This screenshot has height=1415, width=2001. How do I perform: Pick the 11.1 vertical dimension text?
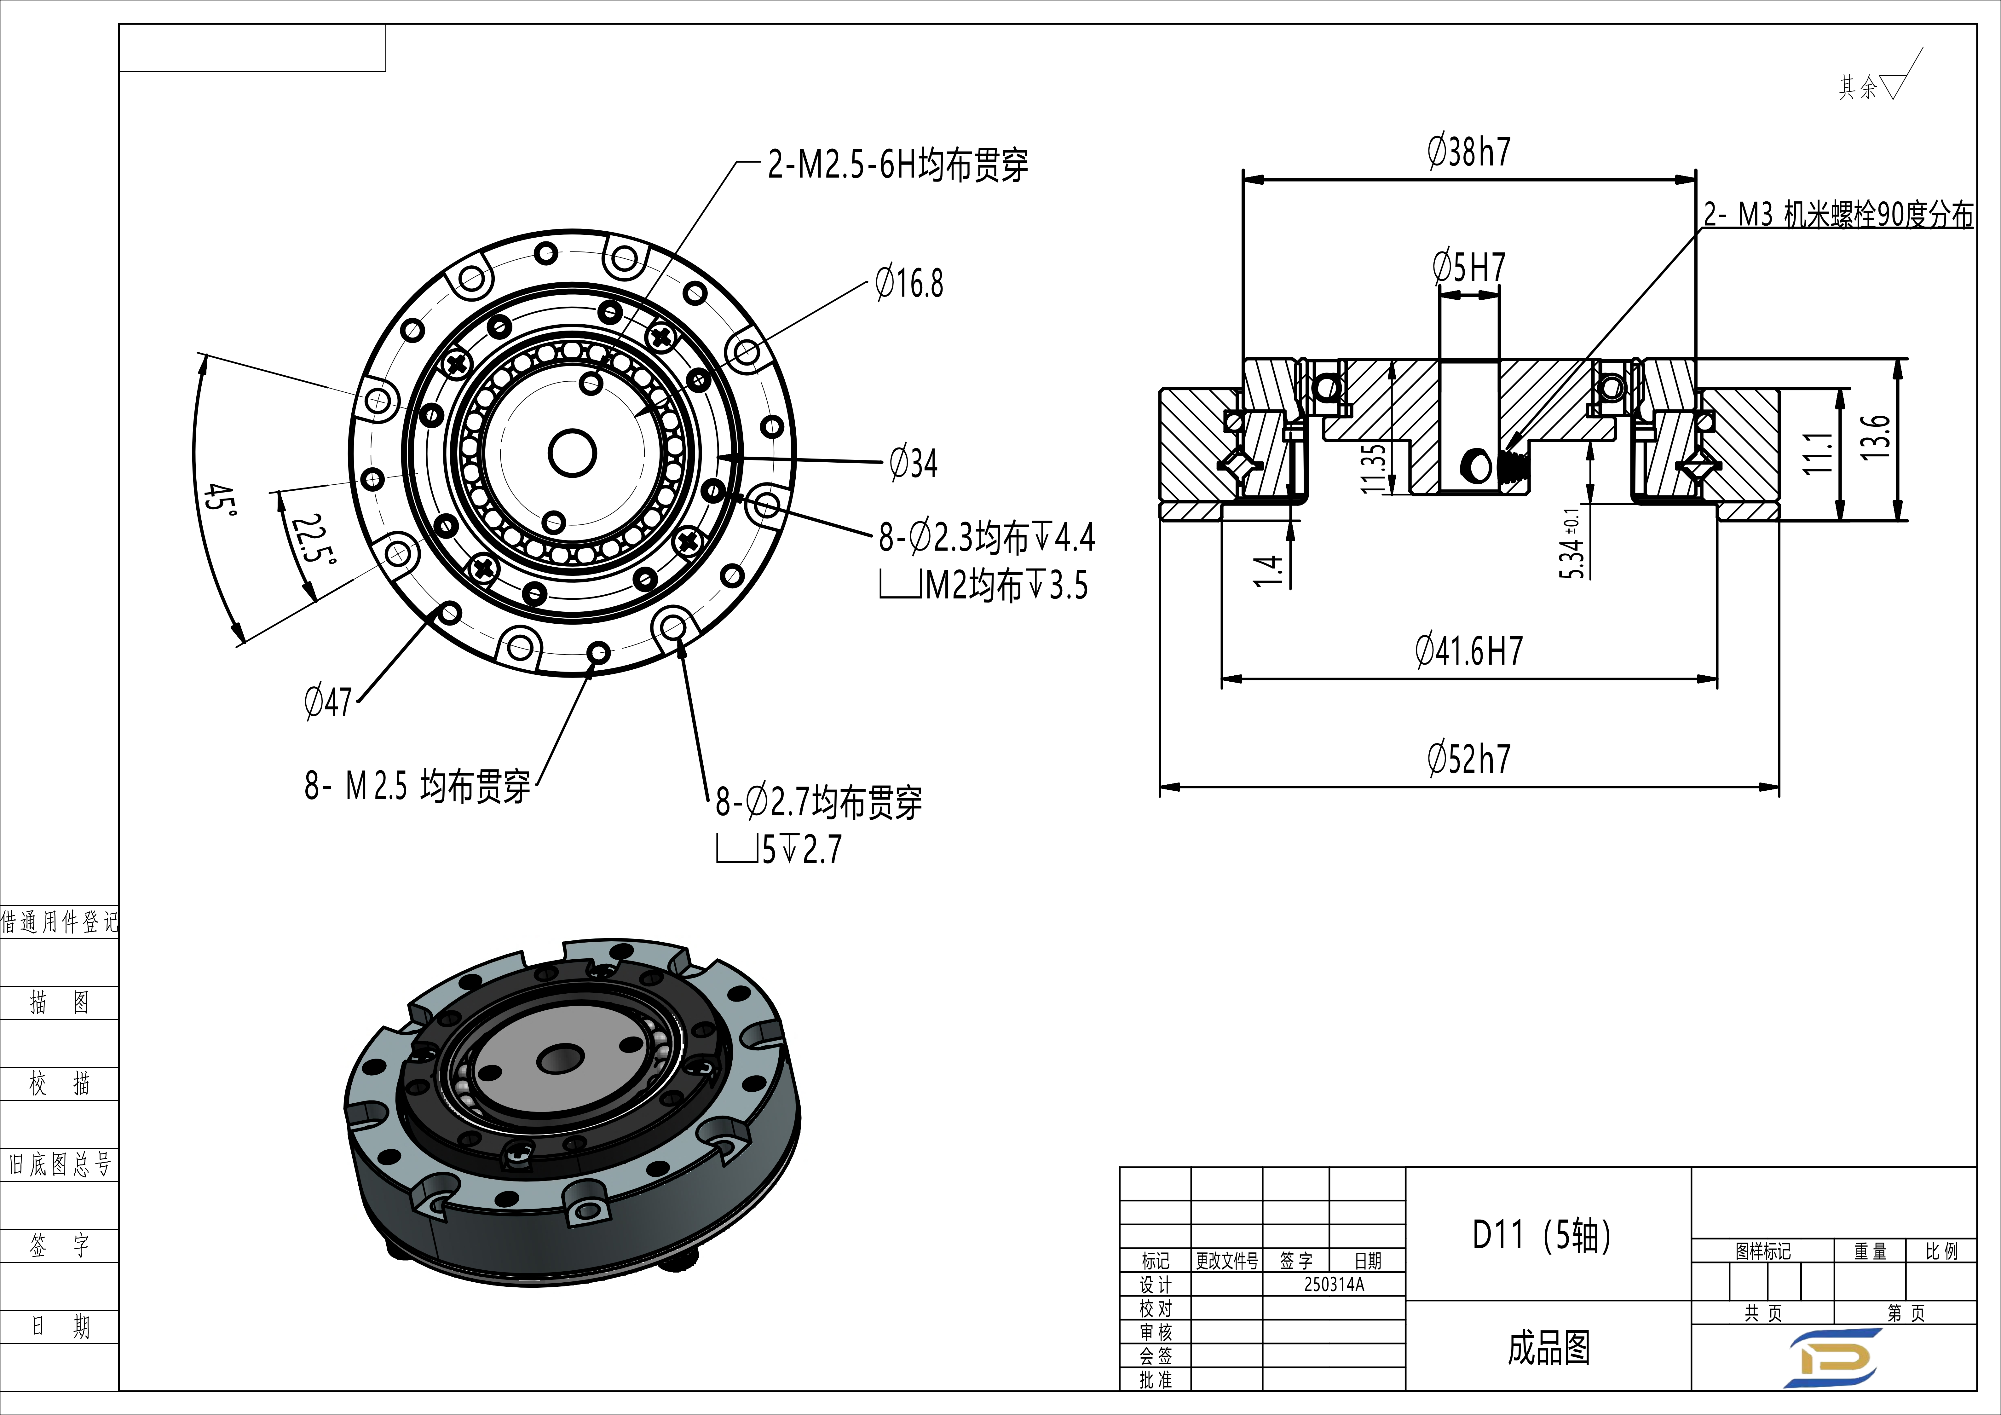coord(1817,453)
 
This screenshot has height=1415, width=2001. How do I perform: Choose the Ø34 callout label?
coord(913,463)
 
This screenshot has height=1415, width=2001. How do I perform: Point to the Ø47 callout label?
coord(328,702)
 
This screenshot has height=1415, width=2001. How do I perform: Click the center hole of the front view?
coord(572,453)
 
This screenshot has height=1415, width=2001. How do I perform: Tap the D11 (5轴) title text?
coord(1541,1234)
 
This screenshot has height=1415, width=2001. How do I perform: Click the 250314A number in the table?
coord(1333,1284)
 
